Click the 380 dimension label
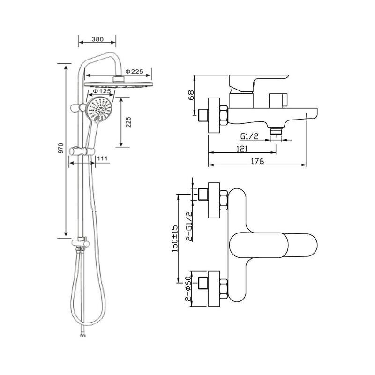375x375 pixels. point(97,39)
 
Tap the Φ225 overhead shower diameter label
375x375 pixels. point(135,71)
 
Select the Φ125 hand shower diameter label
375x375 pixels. point(102,91)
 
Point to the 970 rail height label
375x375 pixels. point(61,148)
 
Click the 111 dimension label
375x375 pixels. point(102,158)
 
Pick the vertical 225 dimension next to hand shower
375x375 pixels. point(128,122)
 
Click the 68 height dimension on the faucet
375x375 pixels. point(191,95)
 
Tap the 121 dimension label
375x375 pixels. point(242,149)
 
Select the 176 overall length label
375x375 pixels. point(257,161)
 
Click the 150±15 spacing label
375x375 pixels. point(174,238)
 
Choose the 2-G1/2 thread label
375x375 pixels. point(189,226)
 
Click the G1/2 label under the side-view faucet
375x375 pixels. point(249,136)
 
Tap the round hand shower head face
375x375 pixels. point(99,110)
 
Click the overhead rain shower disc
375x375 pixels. point(119,85)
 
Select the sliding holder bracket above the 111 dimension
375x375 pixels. point(82,150)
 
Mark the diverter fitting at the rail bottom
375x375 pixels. point(81,243)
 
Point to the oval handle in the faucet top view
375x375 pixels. point(273,245)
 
